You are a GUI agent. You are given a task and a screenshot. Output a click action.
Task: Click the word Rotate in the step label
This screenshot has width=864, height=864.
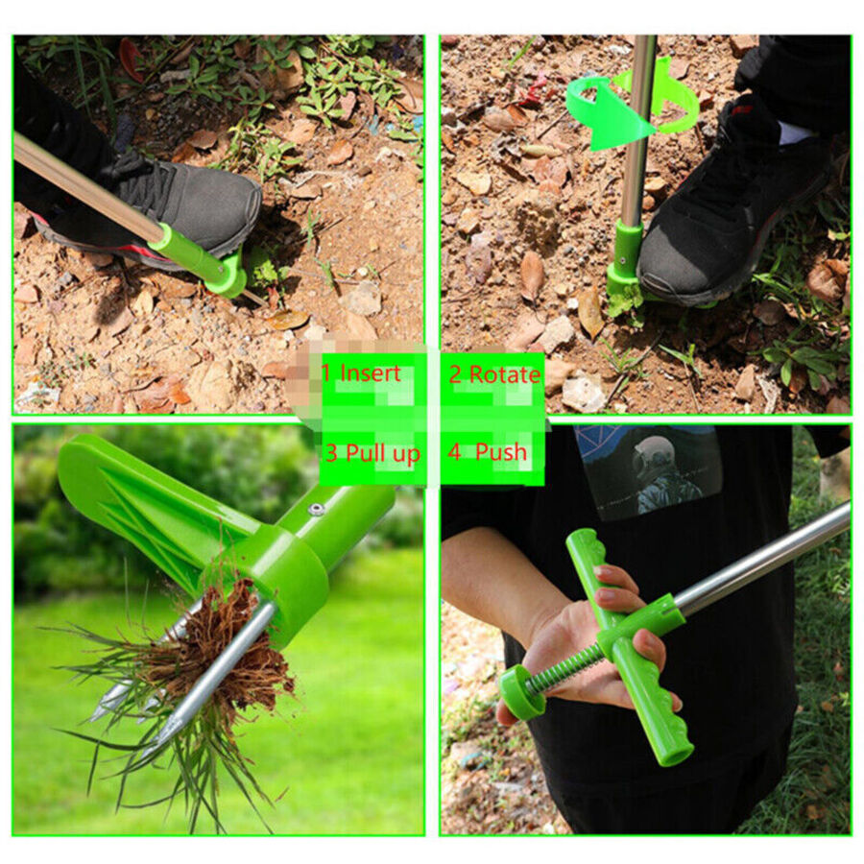point(505,374)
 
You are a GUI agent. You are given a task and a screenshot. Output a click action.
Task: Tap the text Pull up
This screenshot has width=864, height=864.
point(382,453)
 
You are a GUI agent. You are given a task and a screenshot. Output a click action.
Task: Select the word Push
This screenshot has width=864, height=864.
point(501,451)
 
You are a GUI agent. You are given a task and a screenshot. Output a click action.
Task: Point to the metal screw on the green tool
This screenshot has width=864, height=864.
point(316,510)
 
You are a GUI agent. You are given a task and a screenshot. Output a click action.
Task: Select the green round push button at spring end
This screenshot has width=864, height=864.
point(518,692)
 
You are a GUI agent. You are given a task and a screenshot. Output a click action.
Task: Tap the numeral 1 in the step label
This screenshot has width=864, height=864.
point(326,372)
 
